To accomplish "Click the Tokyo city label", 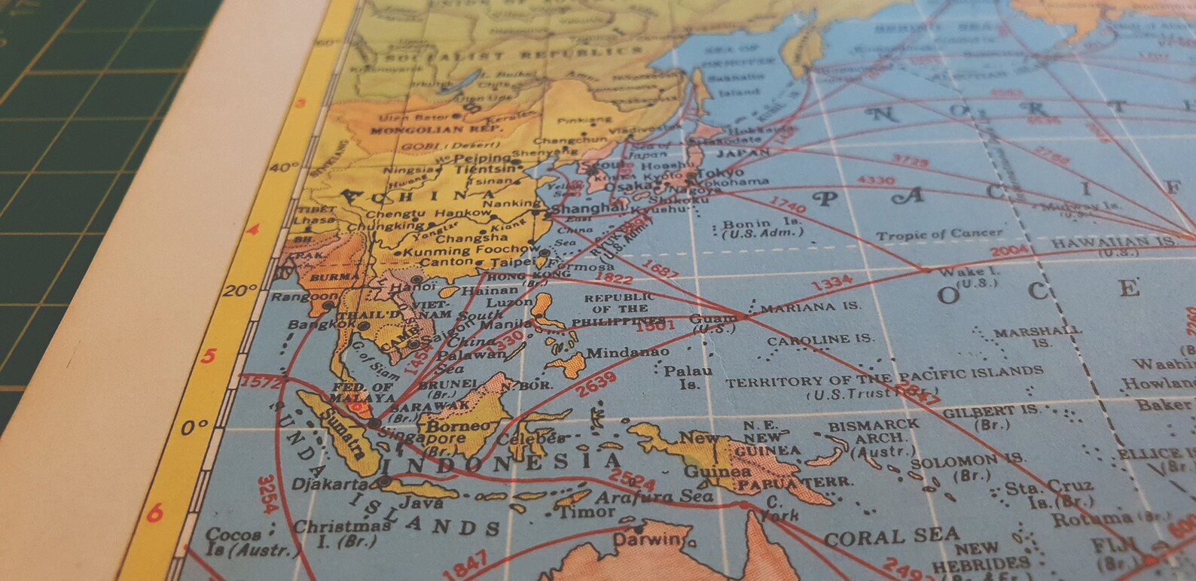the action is coord(721,172).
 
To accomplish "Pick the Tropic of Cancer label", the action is coord(938,235).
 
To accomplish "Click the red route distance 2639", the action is coord(595,385).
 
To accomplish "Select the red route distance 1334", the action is coord(831,284).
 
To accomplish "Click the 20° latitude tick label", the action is coord(240,290).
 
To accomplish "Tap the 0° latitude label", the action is coord(194,428).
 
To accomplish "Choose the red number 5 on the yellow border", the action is coord(209,356).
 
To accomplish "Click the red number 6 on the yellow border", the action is coord(154,513).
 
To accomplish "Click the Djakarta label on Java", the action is coord(330,484).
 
